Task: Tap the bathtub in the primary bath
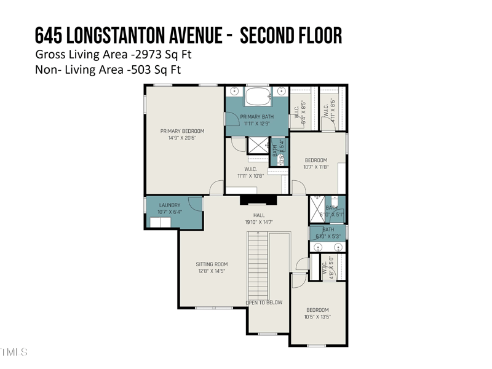pyautogui.click(x=258, y=97)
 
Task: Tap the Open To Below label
pyautogui.click(x=264, y=303)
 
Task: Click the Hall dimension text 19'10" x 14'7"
pyautogui.click(x=258, y=223)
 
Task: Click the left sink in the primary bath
pyautogui.click(x=234, y=92)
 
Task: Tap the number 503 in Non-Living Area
pyautogui.click(x=141, y=69)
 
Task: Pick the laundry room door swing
pyautogui.click(x=194, y=204)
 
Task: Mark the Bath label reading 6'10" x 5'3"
pyautogui.click(x=328, y=233)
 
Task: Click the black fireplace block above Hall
pyautogui.click(x=258, y=199)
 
